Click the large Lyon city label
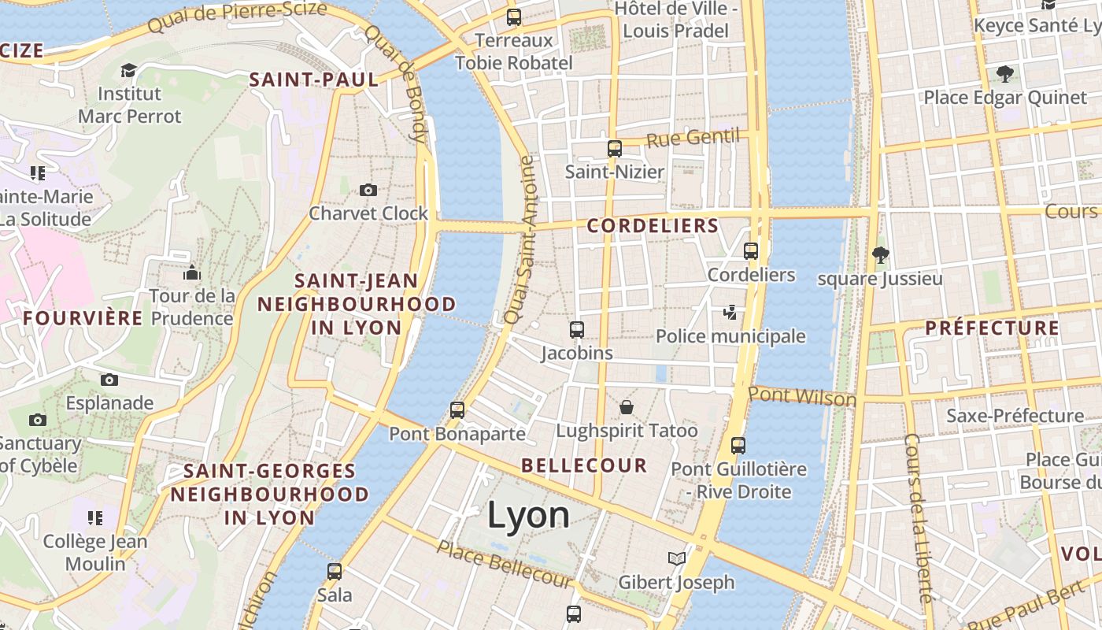pyautogui.click(x=528, y=515)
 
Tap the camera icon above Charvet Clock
pyautogui.click(x=368, y=190)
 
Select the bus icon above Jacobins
pyautogui.click(x=577, y=330)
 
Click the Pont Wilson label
pyautogui.click(x=802, y=396)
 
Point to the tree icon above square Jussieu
pyautogui.click(x=880, y=255)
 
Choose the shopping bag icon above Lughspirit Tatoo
pyautogui.click(x=627, y=407)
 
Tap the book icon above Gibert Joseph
pyautogui.click(x=676, y=559)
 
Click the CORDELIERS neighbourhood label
pyautogui.click(x=653, y=226)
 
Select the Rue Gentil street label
pyautogui.click(x=692, y=139)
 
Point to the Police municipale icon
pyautogui.click(x=730, y=313)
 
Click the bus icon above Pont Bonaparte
pyautogui.click(x=457, y=410)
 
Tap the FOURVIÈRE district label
pyautogui.click(x=83, y=318)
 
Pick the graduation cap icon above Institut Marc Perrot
pyautogui.click(x=128, y=71)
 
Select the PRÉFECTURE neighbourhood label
pyautogui.click(x=992, y=328)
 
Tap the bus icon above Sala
pyautogui.click(x=335, y=572)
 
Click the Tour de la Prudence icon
pyautogui.click(x=192, y=273)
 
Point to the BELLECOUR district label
pyautogui.click(x=584, y=465)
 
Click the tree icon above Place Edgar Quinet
pyautogui.click(x=1004, y=75)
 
